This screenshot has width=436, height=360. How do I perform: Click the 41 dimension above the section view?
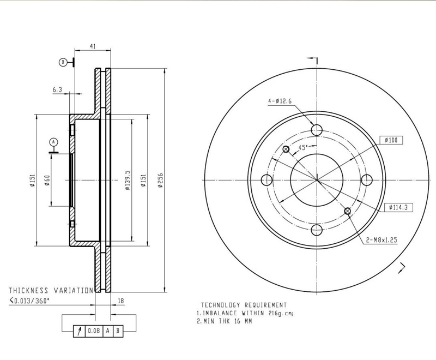tap(93, 46)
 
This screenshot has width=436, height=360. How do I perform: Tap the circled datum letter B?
tap(63, 62)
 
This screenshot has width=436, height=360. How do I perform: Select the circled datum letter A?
tap(53, 141)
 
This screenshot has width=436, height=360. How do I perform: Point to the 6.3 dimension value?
tap(57, 89)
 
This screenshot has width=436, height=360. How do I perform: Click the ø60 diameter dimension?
tap(47, 180)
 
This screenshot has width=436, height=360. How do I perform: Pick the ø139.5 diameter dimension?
tap(127, 179)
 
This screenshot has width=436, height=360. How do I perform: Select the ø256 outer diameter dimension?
tap(160, 179)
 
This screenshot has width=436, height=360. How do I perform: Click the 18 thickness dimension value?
tap(121, 300)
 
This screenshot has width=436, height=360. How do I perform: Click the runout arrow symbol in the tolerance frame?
tap(80, 331)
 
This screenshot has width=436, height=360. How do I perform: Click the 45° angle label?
tap(303, 147)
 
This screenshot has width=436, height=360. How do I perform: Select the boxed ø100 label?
tap(390, 140)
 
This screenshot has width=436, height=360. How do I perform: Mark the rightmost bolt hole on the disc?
tap(367, 180)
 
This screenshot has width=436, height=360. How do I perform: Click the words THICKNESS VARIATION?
tap(51, 291)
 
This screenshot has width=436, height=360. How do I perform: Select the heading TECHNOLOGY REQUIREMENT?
tap(244, 305)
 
